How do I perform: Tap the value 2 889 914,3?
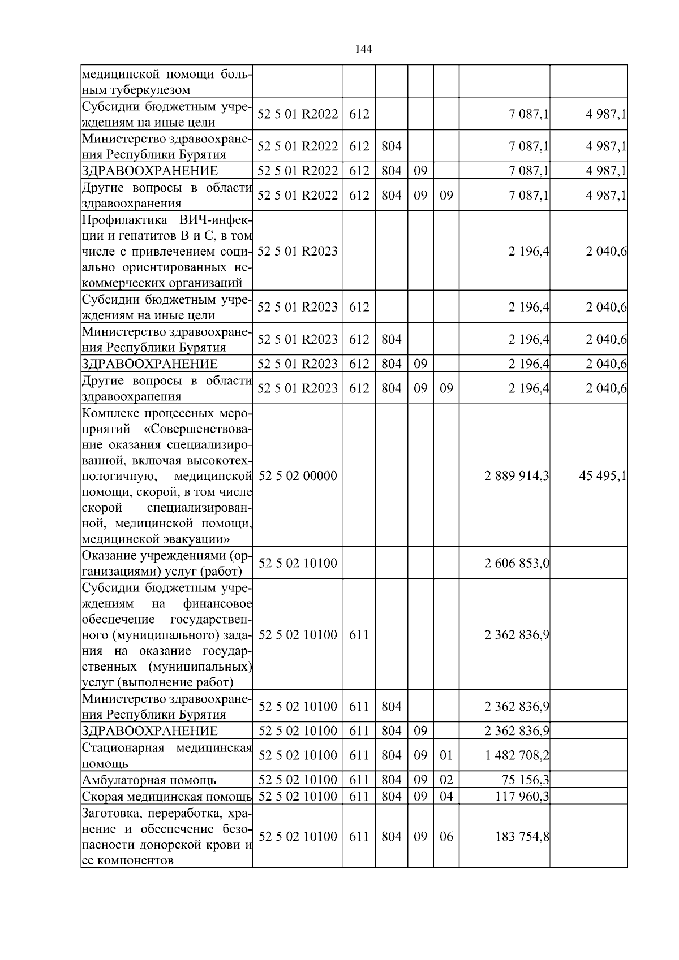(517, 476)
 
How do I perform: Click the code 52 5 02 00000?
(297, 476)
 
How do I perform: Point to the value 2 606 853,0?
(517, 563)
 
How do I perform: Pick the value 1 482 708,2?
(517, 755)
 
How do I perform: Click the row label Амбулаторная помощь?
(149, 780)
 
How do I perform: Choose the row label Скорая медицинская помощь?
(167, 796)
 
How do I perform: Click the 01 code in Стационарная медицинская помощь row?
(446, 755)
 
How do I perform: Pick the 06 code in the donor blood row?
(446, 837)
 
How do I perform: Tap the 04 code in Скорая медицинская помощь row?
(446, 796)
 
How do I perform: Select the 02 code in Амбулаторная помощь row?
(446, 780)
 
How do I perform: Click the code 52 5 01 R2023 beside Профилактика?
(297, 251)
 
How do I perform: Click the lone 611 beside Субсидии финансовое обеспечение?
(359, 635)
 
